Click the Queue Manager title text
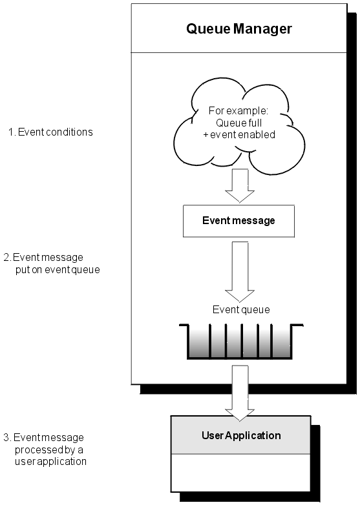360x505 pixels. point(239,28)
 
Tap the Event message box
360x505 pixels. point(239,221)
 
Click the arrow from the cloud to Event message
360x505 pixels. point(240,185)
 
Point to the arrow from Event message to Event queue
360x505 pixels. point(240,271)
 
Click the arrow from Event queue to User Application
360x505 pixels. point(240,393)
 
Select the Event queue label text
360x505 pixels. point(241,310)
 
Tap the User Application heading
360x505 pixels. point(241,435)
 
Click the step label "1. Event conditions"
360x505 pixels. point(50,132)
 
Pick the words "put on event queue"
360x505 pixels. point(58,270)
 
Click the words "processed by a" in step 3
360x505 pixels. point(49,449)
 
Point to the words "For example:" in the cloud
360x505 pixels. point(238,111)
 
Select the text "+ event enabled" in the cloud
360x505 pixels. point(239,134)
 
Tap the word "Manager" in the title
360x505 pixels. point(262,28)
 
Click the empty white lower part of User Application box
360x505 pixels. point(240,473)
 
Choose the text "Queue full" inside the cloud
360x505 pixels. point(239,123)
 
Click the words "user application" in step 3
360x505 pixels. point(50,462)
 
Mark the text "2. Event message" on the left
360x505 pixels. point(43,258)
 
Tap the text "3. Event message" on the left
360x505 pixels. point(43,438)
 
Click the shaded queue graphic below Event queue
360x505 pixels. point(241,342)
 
